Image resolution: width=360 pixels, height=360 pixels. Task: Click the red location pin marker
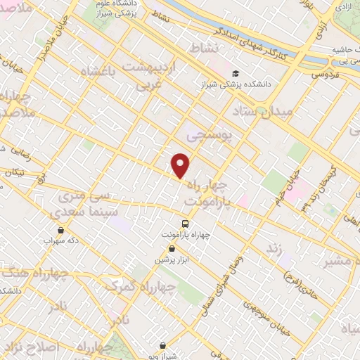pos(181,165)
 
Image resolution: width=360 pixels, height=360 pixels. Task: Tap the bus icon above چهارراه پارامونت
pos(185,224)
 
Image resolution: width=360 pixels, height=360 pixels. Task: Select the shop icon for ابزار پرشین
pos(172,248)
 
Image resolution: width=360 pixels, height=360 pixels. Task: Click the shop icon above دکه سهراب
pos(60,230)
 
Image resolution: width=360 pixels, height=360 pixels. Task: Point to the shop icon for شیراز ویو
pos(163,345)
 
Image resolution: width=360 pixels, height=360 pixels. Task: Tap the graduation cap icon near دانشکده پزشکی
pos(236,73)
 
